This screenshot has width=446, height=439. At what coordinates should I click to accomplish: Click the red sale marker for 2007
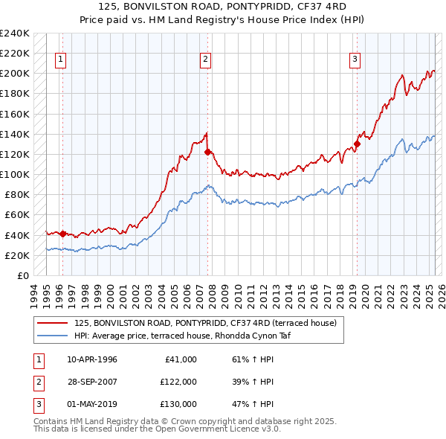(207, 152)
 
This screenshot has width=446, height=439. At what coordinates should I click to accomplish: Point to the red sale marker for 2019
(357, 144)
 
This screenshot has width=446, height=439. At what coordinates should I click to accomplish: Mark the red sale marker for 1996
(62, 234)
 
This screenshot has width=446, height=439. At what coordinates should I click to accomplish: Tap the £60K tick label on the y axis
(18, 215)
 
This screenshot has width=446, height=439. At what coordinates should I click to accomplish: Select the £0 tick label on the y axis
(24, 275)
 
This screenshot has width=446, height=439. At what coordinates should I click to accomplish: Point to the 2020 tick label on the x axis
(366, 292)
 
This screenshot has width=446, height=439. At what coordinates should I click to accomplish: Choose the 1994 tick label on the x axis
(33, 292)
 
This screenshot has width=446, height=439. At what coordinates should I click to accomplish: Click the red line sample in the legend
(53, 323)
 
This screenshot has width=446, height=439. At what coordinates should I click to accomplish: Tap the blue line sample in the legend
(53, 335)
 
